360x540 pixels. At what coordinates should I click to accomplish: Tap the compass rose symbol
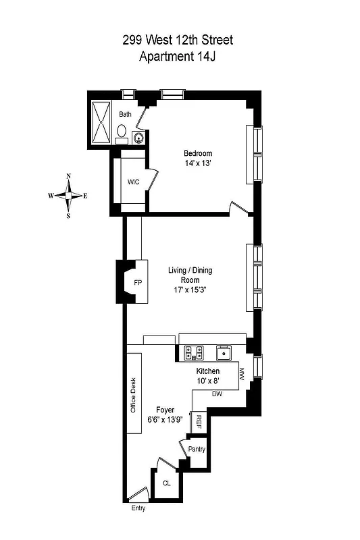pyautogui.click(x=68, y=196)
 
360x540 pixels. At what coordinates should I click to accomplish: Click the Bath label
pyautogui.click(x=125, y=115)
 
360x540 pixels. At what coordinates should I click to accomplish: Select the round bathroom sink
pyautogui.click(x=138, y=138)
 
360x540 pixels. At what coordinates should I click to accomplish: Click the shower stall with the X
pyautogui.click(x=102, y=123)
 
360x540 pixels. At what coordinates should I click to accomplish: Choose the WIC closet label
pyautogui.click(x=133, y=182)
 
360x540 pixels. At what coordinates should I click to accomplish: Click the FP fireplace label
pyautogui.click(x=138, y=282)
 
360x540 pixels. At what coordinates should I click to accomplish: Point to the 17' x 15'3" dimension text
pyautogui.click(x=190, y=292)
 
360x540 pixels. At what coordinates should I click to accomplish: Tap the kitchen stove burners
pyautogui.click(x=195, y=351)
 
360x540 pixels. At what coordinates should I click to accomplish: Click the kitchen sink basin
pyautogui.click(x=224, y=352)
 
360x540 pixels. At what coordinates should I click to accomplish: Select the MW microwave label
pyautogui.click(x=241, y=373)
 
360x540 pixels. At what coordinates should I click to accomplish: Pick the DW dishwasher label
pyautogui.click(x=217, y=394)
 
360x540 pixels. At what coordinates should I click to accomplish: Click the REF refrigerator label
pyautogui.click(x=199, y=422)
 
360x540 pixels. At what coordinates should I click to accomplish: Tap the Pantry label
pyautogui.click(x=197, y=449)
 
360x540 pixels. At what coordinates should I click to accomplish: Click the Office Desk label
pyautogui.click(x=134, y=395)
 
